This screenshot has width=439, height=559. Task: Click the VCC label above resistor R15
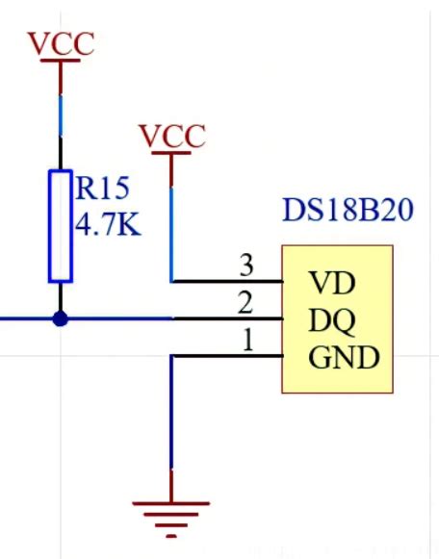tap(61, 44)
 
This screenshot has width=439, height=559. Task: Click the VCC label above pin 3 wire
tap(172, 137)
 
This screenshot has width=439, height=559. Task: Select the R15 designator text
tap(103, 188)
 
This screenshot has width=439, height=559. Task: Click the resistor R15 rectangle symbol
tap(61, 226)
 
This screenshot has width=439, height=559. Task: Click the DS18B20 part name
tap(348, 210)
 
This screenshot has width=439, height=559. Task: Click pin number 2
tap(245, 303)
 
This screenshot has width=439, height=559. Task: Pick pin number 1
tap(245, 341)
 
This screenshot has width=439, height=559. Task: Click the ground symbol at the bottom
tap(172, 515)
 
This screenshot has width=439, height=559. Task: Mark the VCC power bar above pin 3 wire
tap(172, 154)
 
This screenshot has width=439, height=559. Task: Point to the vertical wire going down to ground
tap(172, 423)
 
